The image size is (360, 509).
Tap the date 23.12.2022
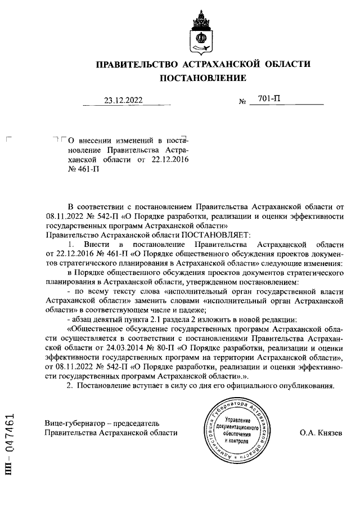tap(123, 101)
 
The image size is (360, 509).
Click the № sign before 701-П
tap(244, 102)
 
